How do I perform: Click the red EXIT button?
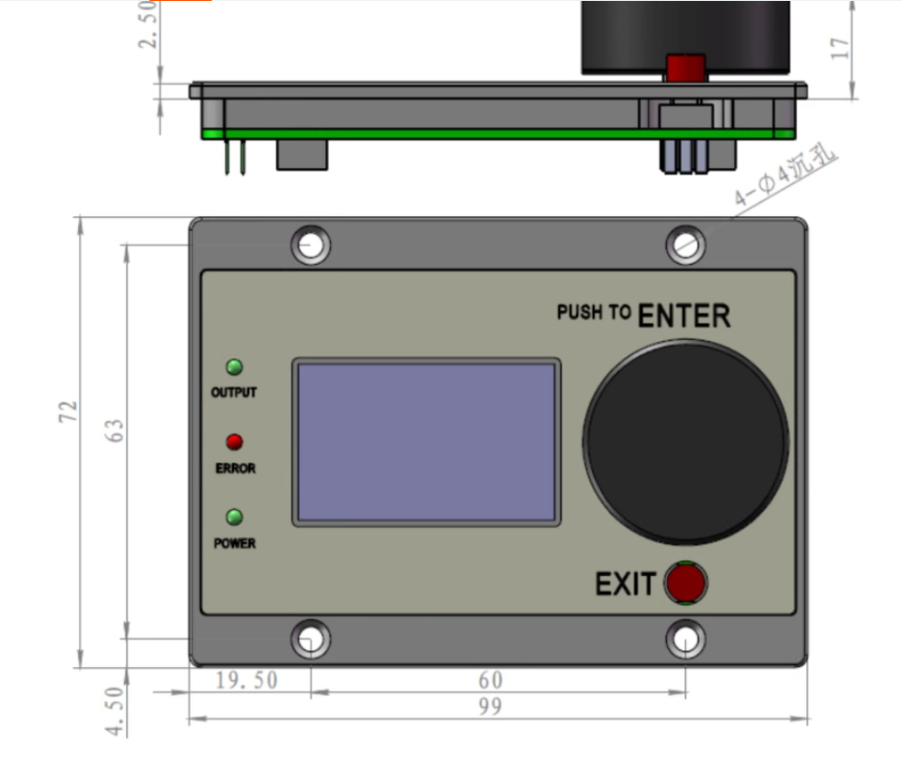point(686,582)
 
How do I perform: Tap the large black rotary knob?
point(686,442)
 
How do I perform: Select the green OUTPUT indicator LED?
point(234,367)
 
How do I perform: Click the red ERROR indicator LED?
point(234,442)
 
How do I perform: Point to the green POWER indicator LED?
point(234,517)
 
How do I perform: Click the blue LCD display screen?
point(427,442)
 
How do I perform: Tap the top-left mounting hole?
point(311,245)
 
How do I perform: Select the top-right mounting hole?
point(686,245)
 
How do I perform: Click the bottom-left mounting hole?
point(311,640)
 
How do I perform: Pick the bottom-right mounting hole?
point(686,640)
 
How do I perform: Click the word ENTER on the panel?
point(683,317)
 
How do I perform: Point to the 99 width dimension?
point(490,707)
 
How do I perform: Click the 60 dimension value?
point(490,679)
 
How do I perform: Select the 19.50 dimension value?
point(246,679)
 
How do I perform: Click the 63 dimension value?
point(115,431)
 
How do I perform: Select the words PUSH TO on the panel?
point(593,312)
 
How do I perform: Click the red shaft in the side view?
point(685,69)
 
